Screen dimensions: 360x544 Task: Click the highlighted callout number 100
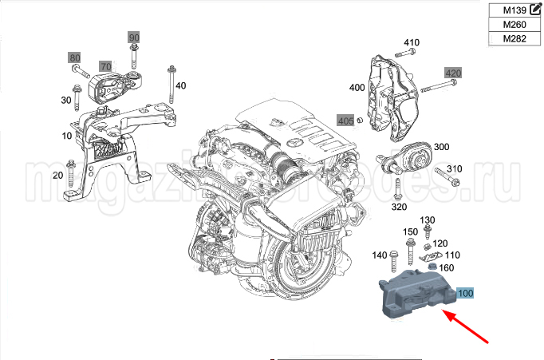coord(465,294)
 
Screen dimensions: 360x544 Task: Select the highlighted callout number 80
coord(74,57)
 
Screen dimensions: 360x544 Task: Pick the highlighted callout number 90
coord(133,38)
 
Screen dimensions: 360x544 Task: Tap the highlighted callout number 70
coord(106,65)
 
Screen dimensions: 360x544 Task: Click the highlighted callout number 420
coord(453,73)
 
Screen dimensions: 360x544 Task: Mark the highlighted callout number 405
coord(345,121)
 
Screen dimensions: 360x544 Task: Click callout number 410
coord(412,42)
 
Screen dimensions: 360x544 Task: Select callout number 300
coord(441,148)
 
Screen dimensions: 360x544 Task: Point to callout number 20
coord(57,175)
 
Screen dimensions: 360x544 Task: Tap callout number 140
coord(380,255)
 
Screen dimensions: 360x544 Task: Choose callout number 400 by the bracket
coord(357,87)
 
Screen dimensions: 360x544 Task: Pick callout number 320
coord(400,206)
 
